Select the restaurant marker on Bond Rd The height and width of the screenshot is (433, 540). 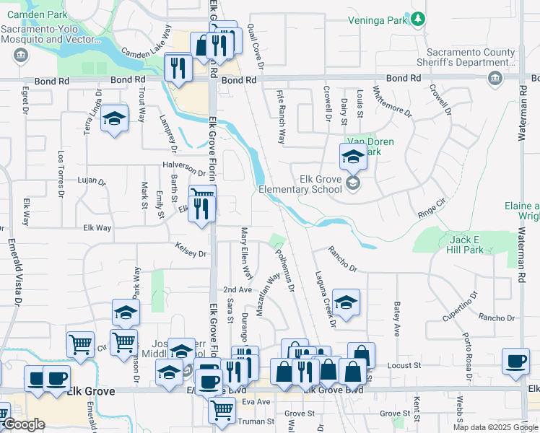tap(177, 68)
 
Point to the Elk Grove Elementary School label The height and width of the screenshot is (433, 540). tap(300, 183)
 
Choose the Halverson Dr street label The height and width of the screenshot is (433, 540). tap(184, 168)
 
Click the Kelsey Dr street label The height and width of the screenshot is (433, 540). tap(191, 253)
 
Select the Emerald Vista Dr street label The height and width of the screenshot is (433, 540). tap(11, 275)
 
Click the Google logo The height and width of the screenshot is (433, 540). tap(23, 424)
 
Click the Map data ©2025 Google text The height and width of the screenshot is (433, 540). tap(495, 427)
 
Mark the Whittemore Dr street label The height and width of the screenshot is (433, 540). tap(392, 102)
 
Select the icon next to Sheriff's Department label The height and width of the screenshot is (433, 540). tap(495, 79)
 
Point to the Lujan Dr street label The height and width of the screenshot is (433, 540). tap(91, 181)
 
